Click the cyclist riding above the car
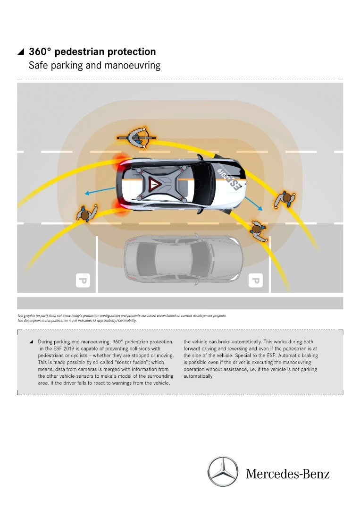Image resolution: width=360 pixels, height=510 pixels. pyautogui.click(x=136, y=137)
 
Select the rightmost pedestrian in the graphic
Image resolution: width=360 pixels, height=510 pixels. pyautogui.click(x=285, y=199)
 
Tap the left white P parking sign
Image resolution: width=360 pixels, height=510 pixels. pyautogui.click(x=83, y=281)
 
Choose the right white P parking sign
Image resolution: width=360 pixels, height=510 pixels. pyautogui.click(x=255, y=281)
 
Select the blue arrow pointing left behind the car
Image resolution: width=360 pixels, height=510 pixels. pyautogui.click(x=100, y=190)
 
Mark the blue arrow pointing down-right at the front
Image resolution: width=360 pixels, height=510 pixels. pyautogui.click(x=254, y=204)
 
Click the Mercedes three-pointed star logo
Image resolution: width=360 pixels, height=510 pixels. pyautogui.click(x=223, y=472)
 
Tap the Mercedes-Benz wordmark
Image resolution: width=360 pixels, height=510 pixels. pyautogui.click(x=287, y=474)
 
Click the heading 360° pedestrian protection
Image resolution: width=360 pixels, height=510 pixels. pyautogui.click(x=92, y=51)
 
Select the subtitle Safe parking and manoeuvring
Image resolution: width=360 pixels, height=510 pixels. pyautogui.click(x=94, y=65)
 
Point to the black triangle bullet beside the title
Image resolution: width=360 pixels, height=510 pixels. pyautogui.click(x=20, y=52)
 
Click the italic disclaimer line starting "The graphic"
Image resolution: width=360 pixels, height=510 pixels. pyautogui.click(x=122, y=315)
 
